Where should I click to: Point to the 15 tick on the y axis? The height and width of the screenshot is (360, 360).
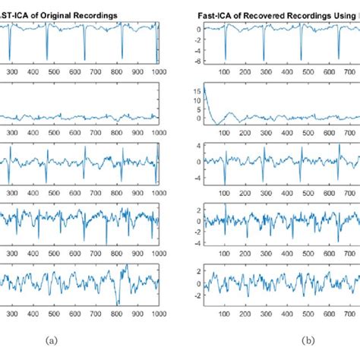197,89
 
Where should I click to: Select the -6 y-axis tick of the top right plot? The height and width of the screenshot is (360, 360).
197,62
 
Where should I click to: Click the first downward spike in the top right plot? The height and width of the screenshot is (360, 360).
225,57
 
